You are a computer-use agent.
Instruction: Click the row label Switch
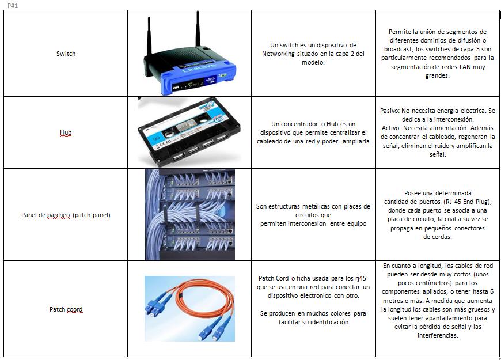pos(66,54)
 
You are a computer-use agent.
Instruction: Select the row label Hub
pos(66,133)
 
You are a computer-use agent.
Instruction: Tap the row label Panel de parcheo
pos(66,215)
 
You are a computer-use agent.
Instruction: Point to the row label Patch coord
pos(66,309)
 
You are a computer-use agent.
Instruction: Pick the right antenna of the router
pos(198,29)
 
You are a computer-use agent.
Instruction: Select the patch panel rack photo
pos(189,214)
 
